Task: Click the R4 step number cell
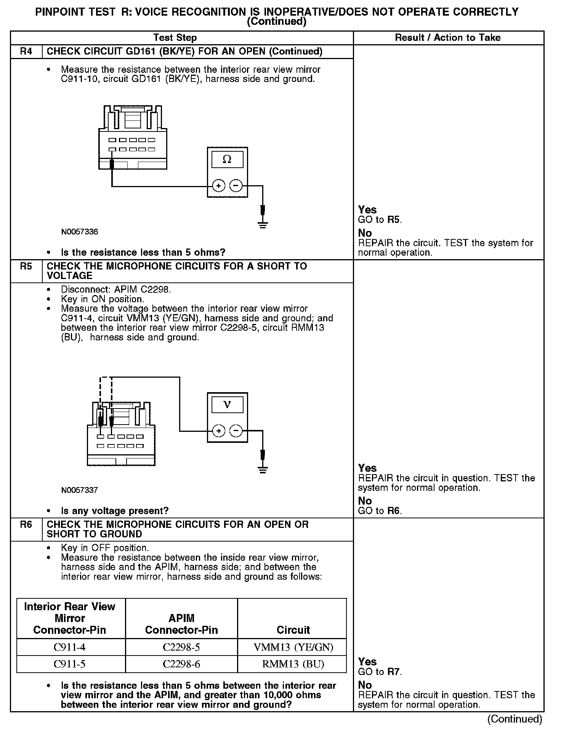pyautogui.click(x=26, y=51)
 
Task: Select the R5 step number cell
pyautogui.click(x=26, y=266)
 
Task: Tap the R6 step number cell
pyautogui.click(x=26, y=524)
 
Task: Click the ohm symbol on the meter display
pyautogui.click(x=227, y=159)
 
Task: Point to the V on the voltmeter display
pyautogui.click(x=227, y=405)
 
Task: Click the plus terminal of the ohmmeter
pyautogui.click(x=219, y=186)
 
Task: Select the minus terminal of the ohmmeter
pyautogui.click(x=236, y=186)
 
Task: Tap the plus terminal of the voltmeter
pyautogui.click(x=219, y=431)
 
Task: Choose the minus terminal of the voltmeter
pyautogui.click(x=236, y=431)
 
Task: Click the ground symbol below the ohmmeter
pyautogui.click(x=263, y=224)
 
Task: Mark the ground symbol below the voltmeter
pyautogui.click(x=263, y=470)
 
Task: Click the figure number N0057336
pyautogui.click(x=79, y=232)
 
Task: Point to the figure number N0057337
pyautogui.click(x=79, y=490)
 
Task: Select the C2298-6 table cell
pyautogui.click(x=181, y=664)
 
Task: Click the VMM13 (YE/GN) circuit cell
pyautogui.click(x=293, y=647)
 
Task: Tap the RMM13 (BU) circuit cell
pyautogui.click(x=293, y=664)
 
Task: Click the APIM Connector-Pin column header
pyautogui.click(x=181, y=624)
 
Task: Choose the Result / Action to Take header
pyautogui.click(x=447, y=38)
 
